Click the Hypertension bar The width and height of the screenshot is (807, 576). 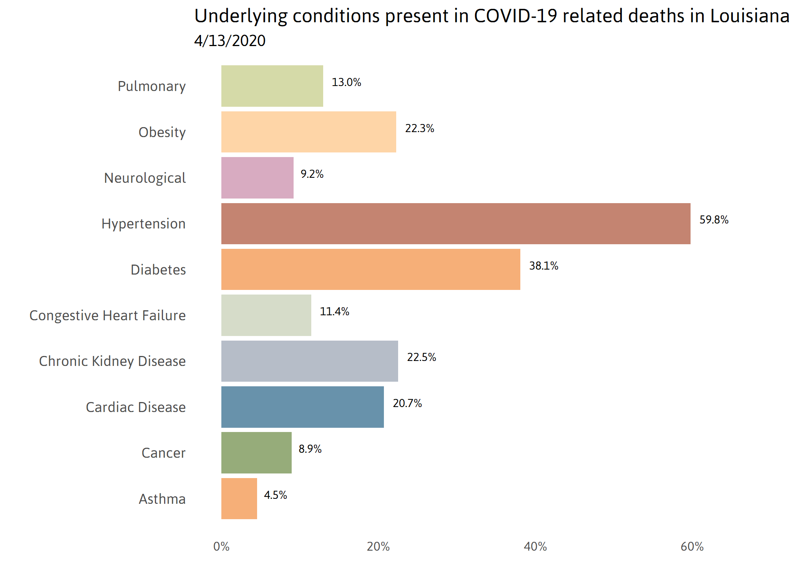coord(456,223)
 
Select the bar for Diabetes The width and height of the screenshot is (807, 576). coord(370,269)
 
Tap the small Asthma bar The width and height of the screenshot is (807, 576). coord(239,498)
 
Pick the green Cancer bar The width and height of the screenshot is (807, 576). coord(256,453)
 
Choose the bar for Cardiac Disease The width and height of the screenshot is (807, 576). coord(302,407)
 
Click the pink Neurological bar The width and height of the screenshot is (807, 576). coord(257,178)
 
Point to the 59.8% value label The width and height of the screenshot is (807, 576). coord(714,220)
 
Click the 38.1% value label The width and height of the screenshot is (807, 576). coord(543,266)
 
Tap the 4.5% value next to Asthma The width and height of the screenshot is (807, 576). coord(275,495)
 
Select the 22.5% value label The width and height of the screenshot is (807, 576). coord(421,357)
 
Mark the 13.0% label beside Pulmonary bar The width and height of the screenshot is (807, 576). coord(346,82)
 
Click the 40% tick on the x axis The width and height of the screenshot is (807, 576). coord(535,546)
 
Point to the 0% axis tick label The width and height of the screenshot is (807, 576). coord(221,546)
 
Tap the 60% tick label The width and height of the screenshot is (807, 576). coord(692,546)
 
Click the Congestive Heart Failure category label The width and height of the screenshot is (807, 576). coord(108,315)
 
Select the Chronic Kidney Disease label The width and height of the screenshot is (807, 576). coord(112,361)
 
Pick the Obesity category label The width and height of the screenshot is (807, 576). coord(162,132)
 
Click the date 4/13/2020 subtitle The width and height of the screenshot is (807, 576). coord(230,41)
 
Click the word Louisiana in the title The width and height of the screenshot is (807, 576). coord(749,16)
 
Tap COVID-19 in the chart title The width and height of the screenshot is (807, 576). coord(515,16)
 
